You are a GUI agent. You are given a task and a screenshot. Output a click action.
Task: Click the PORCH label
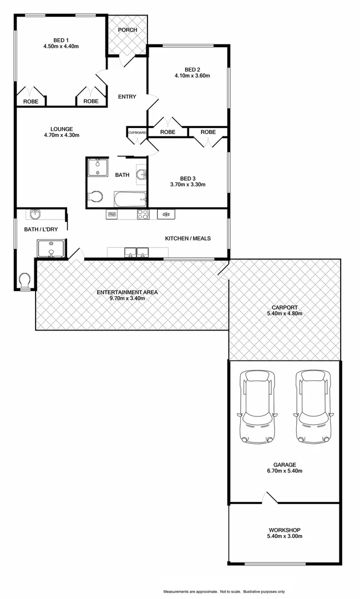pos(127,30)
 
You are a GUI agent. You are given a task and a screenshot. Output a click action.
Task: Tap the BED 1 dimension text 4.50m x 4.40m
pos(61,47)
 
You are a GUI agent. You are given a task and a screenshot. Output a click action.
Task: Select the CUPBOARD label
pos(138,133)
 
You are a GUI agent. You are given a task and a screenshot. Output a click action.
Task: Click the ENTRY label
pos(127,97)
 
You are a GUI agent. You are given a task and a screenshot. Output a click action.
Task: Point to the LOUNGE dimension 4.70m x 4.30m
pos(61,135)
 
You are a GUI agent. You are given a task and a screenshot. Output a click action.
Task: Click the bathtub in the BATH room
pos(130,198)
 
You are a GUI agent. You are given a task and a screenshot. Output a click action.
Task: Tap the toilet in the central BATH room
pos(95,196)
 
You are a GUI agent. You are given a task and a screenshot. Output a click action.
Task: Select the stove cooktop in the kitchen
pos(143,214)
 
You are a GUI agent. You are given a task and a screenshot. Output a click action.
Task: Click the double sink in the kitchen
pos(136,252)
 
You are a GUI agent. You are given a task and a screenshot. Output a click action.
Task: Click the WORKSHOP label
pos(284,529)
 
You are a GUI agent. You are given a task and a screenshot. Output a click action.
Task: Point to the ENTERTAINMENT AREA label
pos(127,292)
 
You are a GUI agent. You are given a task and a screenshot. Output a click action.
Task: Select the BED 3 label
pos(188,177)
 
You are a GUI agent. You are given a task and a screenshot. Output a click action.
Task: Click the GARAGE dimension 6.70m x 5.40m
pos(284,471)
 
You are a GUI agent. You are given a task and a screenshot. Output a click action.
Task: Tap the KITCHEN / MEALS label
pos(188,238)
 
